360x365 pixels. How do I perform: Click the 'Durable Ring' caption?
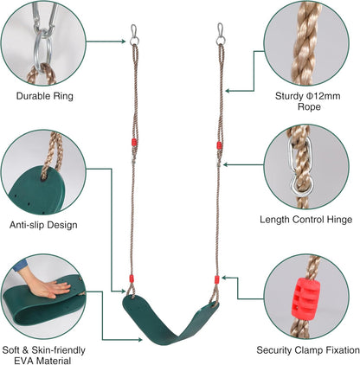tap(45, 96)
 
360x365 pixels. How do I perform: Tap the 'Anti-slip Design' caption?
tap(43, 225)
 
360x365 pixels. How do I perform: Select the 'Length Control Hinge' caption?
tap(305, 220)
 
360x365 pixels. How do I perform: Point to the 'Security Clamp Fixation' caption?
tap(308, 350)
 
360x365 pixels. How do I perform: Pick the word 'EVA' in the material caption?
tap(24, 361)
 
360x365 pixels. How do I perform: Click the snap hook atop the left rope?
tap(134, 31)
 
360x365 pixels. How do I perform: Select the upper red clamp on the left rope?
tap(134, 142)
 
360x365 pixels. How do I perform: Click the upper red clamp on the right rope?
tap(220, 145)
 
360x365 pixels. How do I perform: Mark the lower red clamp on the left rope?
tap(132, 279)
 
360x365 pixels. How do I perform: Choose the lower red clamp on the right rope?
tap(217, 279)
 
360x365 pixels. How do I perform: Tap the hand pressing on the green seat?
tap(49, 286)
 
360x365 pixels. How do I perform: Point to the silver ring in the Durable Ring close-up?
tap(42, 48)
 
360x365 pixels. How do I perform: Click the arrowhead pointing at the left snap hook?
tap(124, 42)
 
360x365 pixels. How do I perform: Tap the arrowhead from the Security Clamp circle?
tap(224, 278)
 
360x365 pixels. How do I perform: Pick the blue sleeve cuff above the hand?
tap(20, 266)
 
